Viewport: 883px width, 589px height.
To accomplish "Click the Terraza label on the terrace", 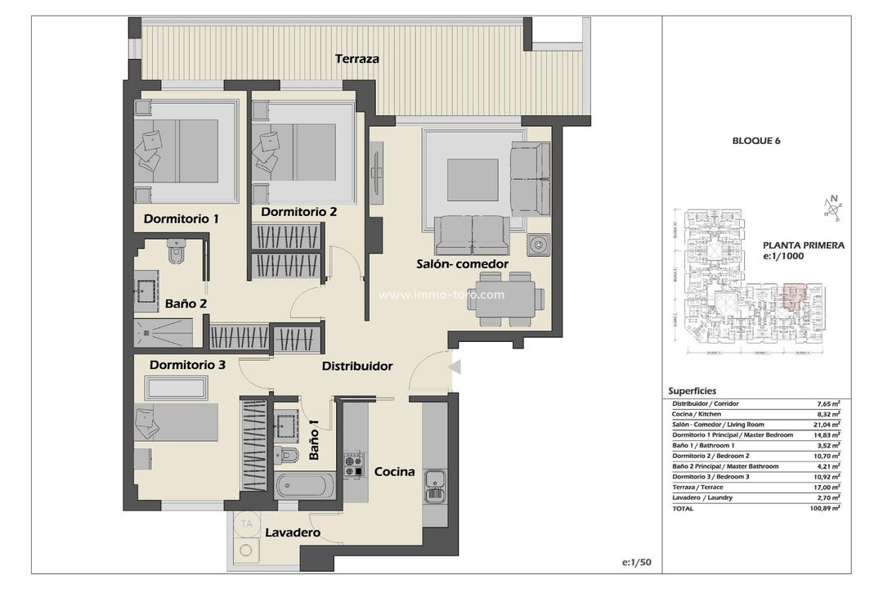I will [357, 59].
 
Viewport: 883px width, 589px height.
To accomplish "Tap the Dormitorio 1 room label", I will [182, 218].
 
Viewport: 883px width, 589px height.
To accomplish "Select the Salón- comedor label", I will [462, 264].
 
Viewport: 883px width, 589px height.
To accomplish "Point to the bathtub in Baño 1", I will [305, 486].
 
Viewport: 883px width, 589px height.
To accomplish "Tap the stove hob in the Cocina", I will [354, 465].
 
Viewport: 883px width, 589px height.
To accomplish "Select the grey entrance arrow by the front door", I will [455, 367].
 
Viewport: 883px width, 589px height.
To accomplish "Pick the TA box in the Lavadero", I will [245, 523].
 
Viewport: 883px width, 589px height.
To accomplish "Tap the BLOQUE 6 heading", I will [756, 141].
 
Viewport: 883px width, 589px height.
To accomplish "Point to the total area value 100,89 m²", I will [827, 508].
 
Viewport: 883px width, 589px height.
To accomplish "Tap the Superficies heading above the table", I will [692, 391].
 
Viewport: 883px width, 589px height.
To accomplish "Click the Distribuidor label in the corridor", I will [356, 366].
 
